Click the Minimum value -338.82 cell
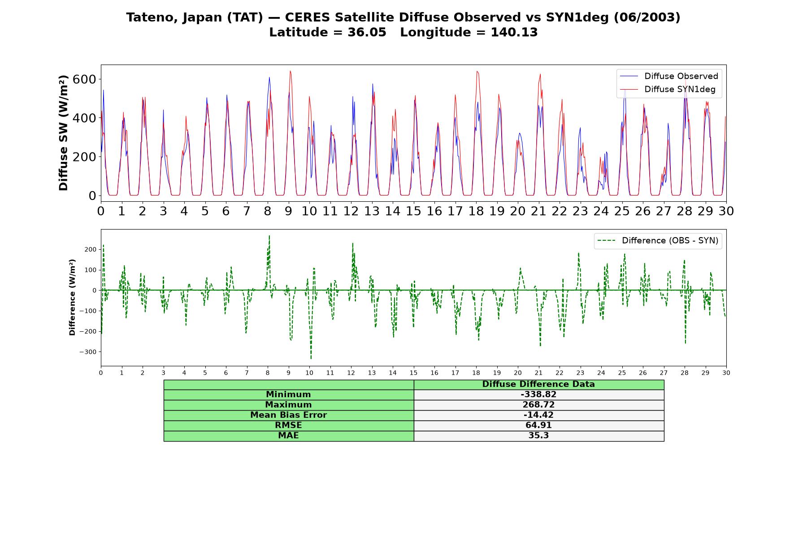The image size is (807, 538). point(538,395)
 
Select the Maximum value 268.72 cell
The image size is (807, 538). point(538,405)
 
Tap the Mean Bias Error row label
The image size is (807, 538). point(288,415)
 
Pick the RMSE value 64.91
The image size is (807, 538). point(538,425)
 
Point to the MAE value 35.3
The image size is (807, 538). point(538,436)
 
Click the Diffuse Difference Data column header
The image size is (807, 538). point(538,384)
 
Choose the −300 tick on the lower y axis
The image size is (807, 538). point(88,352)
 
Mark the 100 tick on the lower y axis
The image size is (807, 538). point(91,270)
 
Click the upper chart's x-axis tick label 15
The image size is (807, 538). point(413,211)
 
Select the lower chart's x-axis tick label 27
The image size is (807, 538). point(664,373)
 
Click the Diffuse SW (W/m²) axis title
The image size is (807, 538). point(64,133)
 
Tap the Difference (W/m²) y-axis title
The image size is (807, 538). point(72,297)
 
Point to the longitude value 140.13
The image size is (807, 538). point(514,32)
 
